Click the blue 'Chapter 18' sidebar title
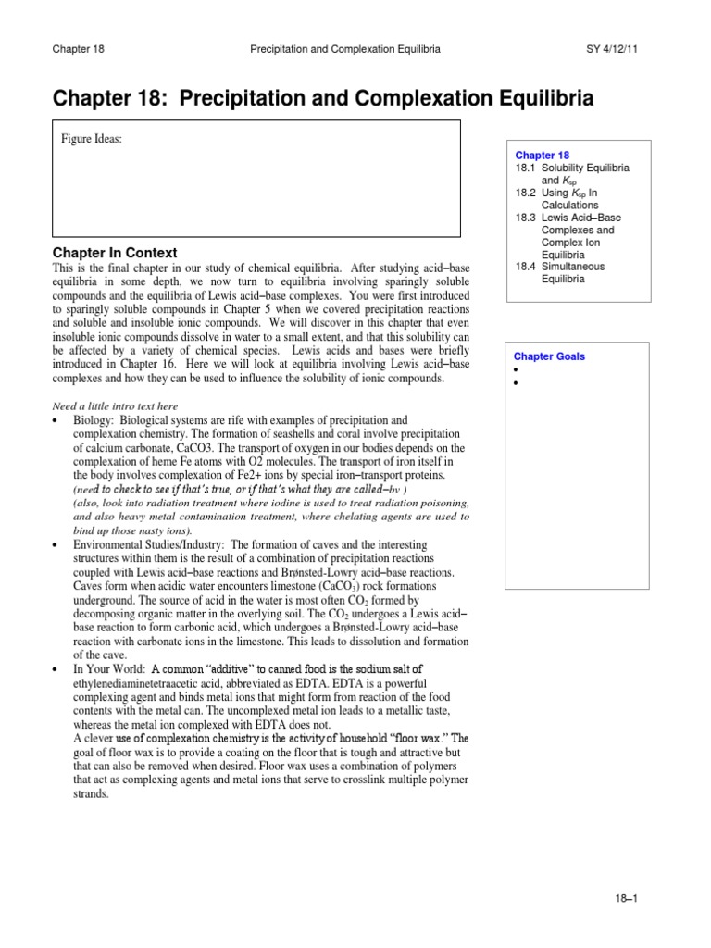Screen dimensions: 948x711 click(x=543, y=156)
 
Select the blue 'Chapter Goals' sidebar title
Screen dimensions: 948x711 click(x=550, y=356)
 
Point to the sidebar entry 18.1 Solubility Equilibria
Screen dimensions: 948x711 click(x=572, y=174)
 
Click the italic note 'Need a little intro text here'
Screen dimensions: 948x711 click(x=115, y=406)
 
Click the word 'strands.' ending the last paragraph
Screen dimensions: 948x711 click(x=91, y=793)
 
